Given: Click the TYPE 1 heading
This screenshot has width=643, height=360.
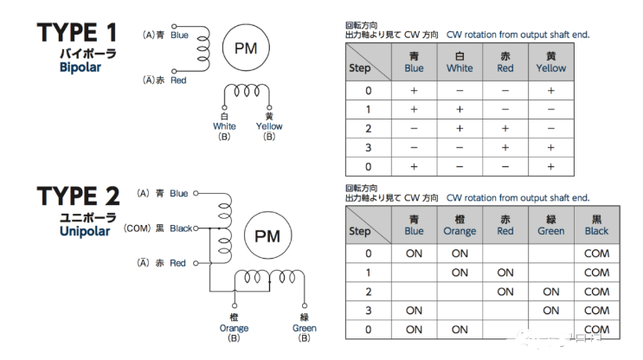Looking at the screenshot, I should coord(77,34).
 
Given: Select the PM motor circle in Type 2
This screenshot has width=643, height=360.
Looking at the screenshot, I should coord(267,235).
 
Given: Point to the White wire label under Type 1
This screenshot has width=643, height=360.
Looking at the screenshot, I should coord(224,125).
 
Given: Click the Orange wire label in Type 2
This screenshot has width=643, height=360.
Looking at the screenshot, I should coord(234,328).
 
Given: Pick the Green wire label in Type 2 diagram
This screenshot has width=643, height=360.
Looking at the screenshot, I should coord(304,328).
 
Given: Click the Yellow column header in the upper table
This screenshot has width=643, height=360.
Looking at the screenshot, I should coord(550,61).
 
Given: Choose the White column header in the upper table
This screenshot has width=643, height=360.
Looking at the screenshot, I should coord(460,61).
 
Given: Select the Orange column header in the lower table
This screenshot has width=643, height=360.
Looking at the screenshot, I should coord(460,225).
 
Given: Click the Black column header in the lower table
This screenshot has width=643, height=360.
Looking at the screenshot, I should coord(596,225).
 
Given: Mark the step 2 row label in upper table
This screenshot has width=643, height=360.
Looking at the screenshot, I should coord(369,128).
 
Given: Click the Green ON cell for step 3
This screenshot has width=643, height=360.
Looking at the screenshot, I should coord(550,311).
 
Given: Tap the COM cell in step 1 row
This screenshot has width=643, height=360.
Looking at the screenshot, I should coord(596,273).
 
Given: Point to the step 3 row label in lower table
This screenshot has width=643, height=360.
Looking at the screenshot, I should coord(369,311).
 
